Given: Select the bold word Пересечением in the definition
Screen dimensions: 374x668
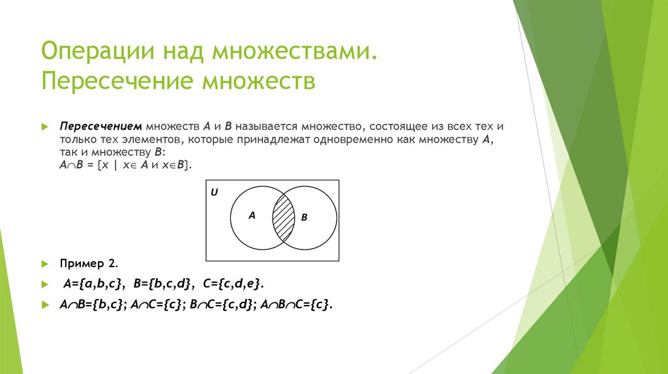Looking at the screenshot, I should click(x=101, y=126).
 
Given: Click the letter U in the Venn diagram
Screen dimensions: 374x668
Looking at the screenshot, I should click(x=215, y=193).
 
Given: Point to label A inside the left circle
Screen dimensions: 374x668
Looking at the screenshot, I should click(x=252, y=214).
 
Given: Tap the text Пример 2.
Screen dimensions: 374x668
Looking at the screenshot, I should click(x=89, y=263).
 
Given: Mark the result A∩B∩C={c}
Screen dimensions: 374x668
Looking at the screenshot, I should click(x=296, y=304).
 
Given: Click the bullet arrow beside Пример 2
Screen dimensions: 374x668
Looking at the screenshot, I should click(x=44, y=264).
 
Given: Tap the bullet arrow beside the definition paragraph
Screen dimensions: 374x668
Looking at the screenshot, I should click(x=44, y=126).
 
